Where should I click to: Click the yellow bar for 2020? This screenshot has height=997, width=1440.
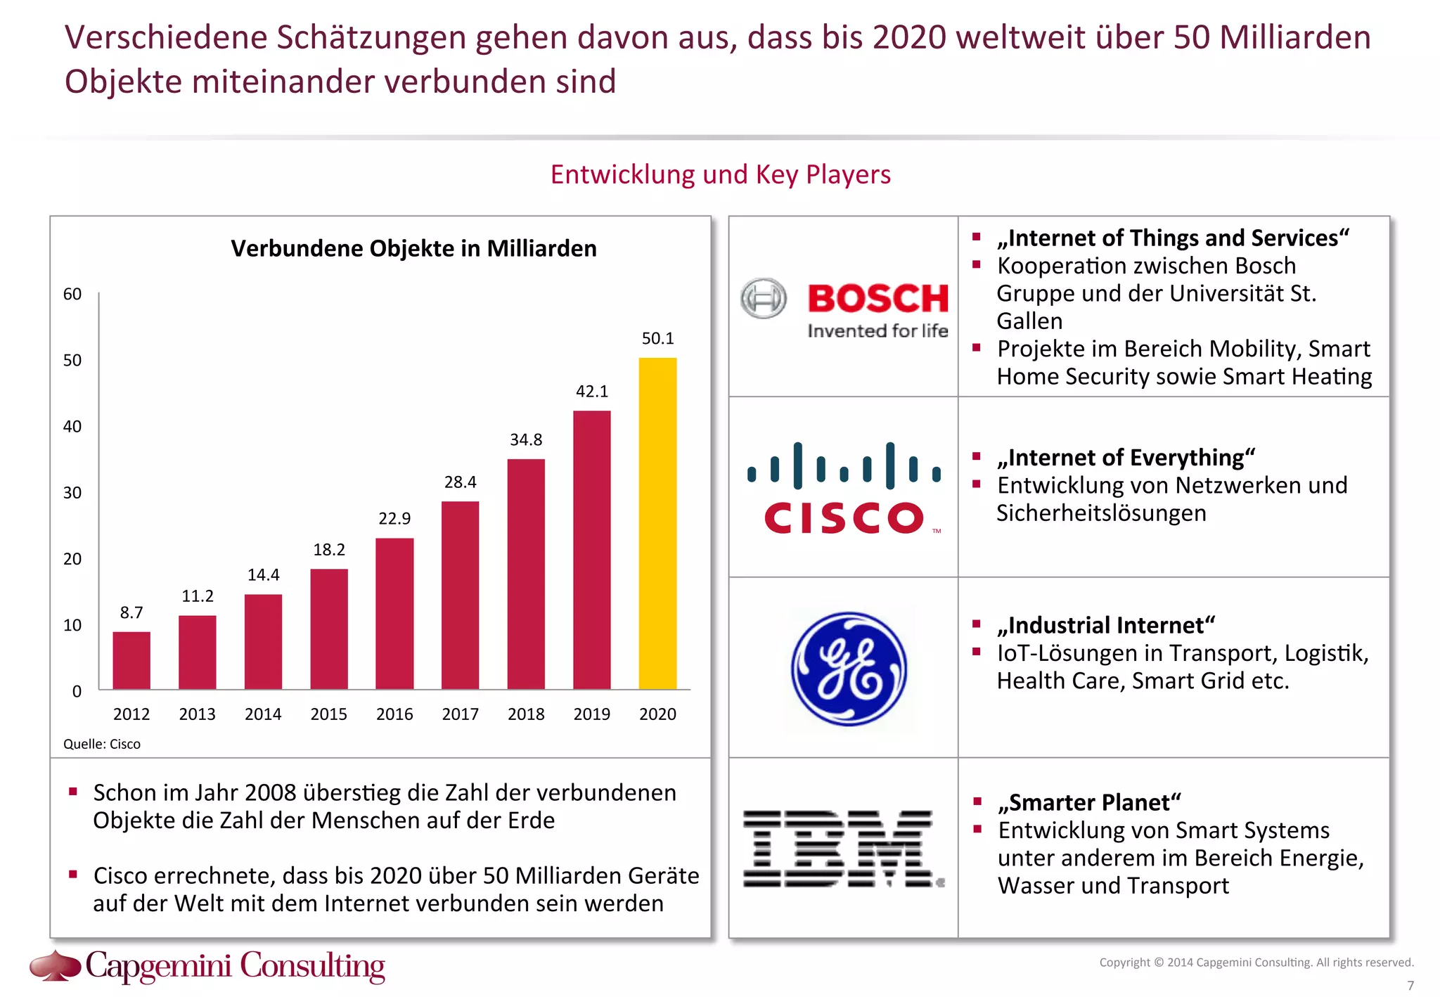coord(657,523)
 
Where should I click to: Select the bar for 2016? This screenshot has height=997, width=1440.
coord(394,613)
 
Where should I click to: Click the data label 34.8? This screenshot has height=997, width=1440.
coord(526,440)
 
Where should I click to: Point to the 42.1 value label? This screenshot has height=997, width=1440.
coord(592,392)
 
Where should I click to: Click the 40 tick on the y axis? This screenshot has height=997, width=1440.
coord(72,427)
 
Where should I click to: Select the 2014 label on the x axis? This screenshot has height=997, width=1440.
coord(263,714)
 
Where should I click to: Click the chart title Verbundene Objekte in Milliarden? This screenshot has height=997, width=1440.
coord(413,249)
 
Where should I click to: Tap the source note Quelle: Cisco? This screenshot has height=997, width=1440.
coord(102,744)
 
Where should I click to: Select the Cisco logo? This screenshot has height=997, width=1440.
coord(844,488)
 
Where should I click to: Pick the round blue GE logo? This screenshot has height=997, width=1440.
coord(849,669)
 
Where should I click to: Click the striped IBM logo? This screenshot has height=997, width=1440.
coord(843,849)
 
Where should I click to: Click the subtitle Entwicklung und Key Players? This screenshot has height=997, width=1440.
coord(720,174)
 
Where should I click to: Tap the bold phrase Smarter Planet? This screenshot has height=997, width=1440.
coord(1089,803)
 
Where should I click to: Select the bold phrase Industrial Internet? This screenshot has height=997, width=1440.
coord(1106,626)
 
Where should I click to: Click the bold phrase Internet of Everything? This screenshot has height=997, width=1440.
coord(1126,458)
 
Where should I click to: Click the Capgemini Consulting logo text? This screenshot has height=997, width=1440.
coord(235,966)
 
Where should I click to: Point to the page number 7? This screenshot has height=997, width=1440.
coord(1410,986)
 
